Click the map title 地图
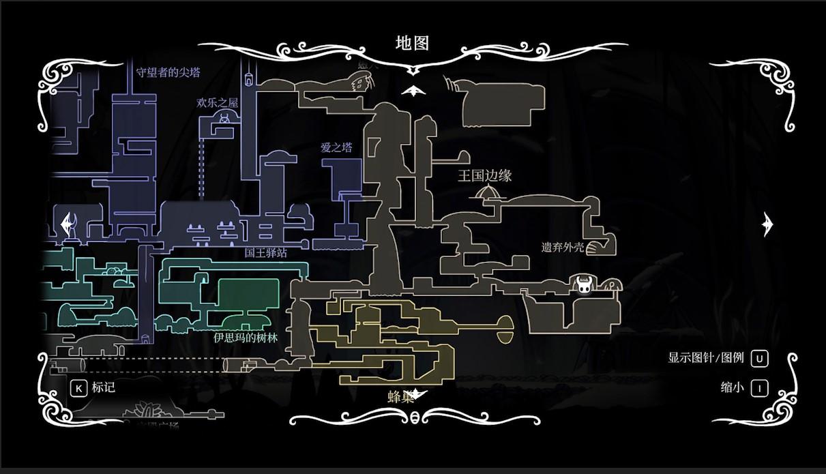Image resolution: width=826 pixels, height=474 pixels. [x=412, y=43]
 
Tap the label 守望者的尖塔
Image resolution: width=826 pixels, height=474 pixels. [x=168, y=72]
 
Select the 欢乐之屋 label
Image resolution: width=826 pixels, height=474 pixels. [x=218, y=102]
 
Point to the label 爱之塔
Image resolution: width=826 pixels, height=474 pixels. [x=336, y=147]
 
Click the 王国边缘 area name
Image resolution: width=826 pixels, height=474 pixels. [x=484, y=175]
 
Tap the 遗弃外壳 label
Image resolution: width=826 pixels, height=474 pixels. [x=563, y=247]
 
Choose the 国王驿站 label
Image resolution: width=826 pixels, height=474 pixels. [x=266, y=252]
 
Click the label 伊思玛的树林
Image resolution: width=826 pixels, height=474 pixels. [x=246, y=338]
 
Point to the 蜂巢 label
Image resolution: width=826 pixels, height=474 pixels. [x=400, y=397]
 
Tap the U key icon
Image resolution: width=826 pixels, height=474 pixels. [x=759, y=358]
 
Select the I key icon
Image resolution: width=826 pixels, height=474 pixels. [x=759, y=388]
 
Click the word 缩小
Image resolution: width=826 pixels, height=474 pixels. [x=732, y=387]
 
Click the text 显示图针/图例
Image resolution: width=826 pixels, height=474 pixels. [x=705, y=357]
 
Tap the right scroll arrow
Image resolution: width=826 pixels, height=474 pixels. [x=768, y=224]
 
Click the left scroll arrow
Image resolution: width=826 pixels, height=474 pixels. [x=68, y=224]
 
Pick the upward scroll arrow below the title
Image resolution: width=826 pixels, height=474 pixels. [x=413, y=91]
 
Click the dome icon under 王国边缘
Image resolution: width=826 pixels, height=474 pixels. [x=487, y=192]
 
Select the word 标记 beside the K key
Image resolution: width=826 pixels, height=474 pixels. [x=104, y=387]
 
